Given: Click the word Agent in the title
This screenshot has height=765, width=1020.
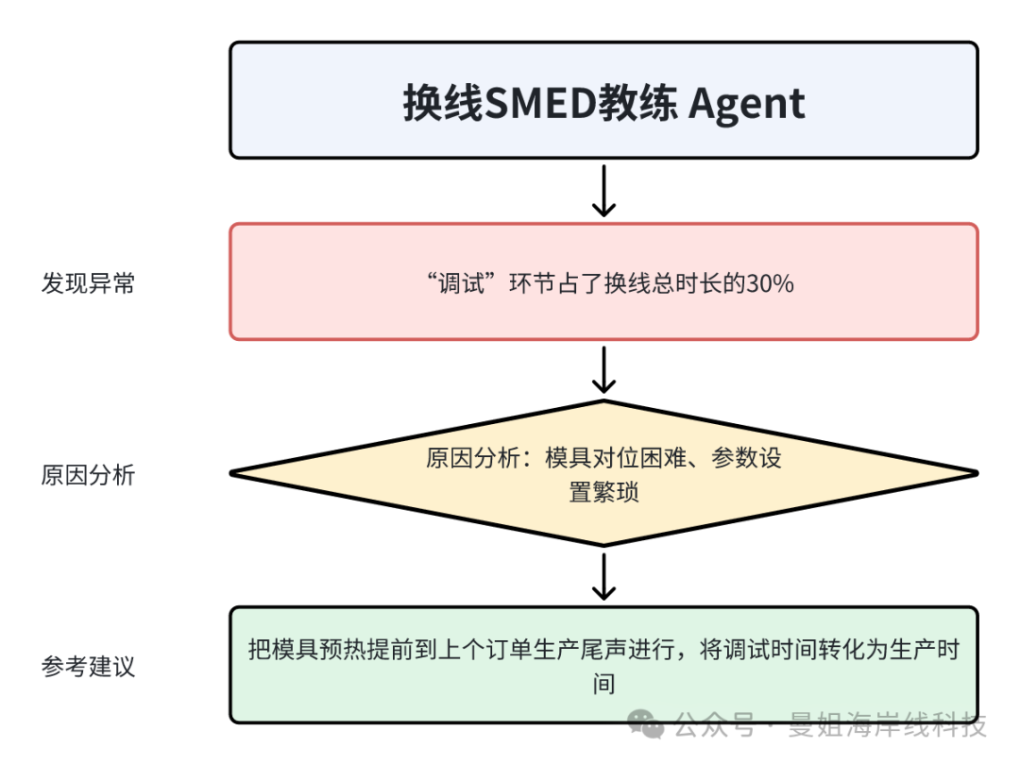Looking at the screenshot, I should point(746,102).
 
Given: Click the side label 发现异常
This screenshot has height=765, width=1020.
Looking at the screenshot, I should point(88,283).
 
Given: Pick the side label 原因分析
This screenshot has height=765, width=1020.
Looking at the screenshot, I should point(88,475).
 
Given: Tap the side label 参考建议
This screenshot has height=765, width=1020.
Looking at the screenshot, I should point(88,667).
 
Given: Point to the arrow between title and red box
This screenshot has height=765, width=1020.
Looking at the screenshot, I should point(603,191).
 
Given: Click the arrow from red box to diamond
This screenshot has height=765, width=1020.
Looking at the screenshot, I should point(603,369).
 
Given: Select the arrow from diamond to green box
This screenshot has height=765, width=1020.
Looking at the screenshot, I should point(603,576).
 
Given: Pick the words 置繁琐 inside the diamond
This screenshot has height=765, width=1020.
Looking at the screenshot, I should point(603,492).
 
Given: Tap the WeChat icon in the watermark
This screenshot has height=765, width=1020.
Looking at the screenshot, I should point(647,725).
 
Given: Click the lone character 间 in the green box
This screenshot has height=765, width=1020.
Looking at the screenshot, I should point(603,683).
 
